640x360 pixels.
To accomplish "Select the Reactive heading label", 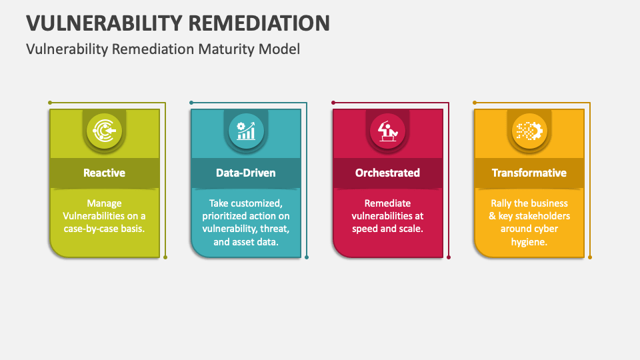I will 104,173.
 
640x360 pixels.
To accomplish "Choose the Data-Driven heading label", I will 245,173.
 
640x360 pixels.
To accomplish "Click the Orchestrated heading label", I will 387,173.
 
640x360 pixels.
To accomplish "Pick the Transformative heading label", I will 529,173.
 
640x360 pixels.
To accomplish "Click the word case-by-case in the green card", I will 97,229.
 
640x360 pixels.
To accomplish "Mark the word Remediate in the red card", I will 387,203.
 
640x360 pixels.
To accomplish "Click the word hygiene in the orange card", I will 529,242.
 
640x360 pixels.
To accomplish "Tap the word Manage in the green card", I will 104,203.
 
